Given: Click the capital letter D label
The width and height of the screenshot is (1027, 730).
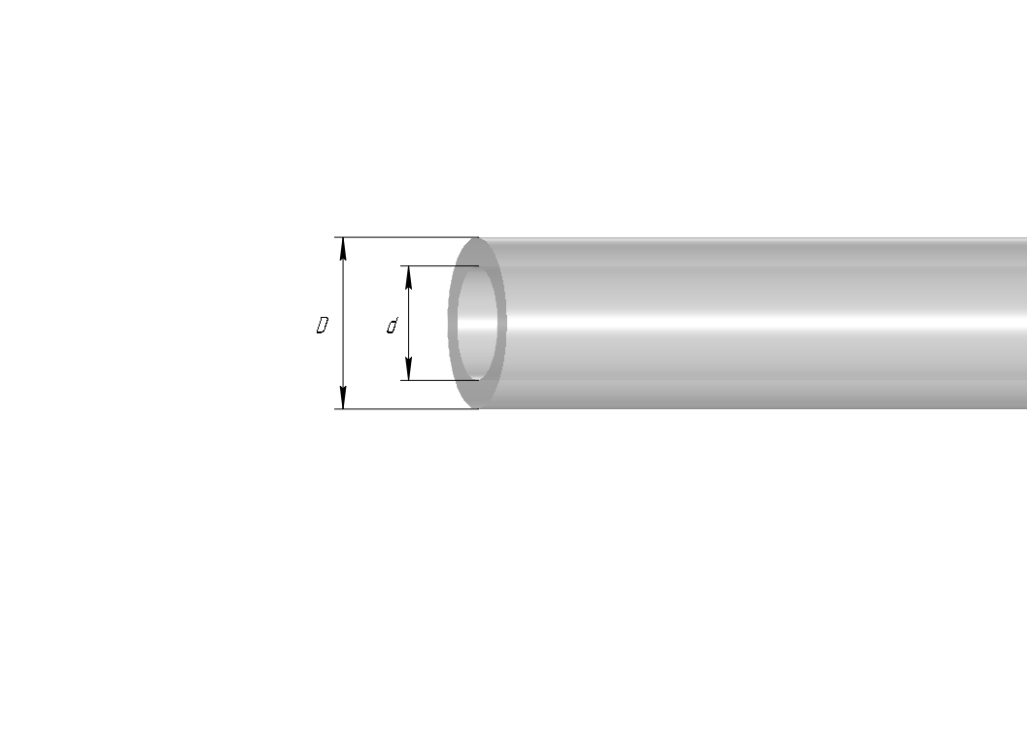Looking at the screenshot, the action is [x=322, y=325].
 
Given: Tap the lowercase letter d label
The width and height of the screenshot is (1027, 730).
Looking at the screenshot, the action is [x=392, y=326].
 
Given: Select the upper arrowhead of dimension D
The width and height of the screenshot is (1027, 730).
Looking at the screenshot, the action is [x=343, y=249].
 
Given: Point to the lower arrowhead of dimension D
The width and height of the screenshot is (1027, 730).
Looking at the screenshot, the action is [x=343, y=398].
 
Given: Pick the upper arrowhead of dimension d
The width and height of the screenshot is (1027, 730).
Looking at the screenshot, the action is [x=409, y=277].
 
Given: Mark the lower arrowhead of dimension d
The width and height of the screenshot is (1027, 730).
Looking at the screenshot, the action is [x=409, y=369].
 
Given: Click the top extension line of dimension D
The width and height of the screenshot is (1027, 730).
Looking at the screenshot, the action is [x=407, y=237].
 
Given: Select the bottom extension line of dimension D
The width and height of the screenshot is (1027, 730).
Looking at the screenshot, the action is [x=407, y=409].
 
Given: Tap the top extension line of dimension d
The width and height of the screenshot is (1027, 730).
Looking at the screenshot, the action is [x=439, y=266].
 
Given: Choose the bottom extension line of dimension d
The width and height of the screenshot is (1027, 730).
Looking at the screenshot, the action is [x=439, y=380].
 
